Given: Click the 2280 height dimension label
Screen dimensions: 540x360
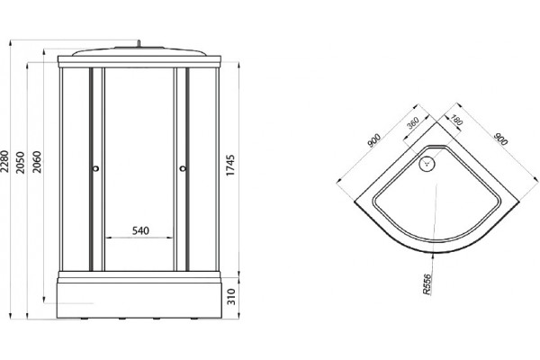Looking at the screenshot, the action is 4,162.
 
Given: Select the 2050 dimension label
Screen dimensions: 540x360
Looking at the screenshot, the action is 21,162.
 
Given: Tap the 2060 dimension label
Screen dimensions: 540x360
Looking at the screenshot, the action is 37,162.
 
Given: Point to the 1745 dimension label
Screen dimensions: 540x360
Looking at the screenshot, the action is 230,166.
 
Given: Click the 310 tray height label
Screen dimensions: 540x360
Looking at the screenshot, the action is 231,297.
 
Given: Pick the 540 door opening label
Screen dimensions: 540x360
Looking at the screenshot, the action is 140,230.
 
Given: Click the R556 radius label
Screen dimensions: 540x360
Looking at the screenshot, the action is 427,284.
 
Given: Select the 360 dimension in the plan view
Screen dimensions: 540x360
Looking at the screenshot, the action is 412,122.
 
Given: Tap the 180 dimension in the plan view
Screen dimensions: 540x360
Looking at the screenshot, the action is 455,120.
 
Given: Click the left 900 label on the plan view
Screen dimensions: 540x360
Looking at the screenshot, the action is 373,140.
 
